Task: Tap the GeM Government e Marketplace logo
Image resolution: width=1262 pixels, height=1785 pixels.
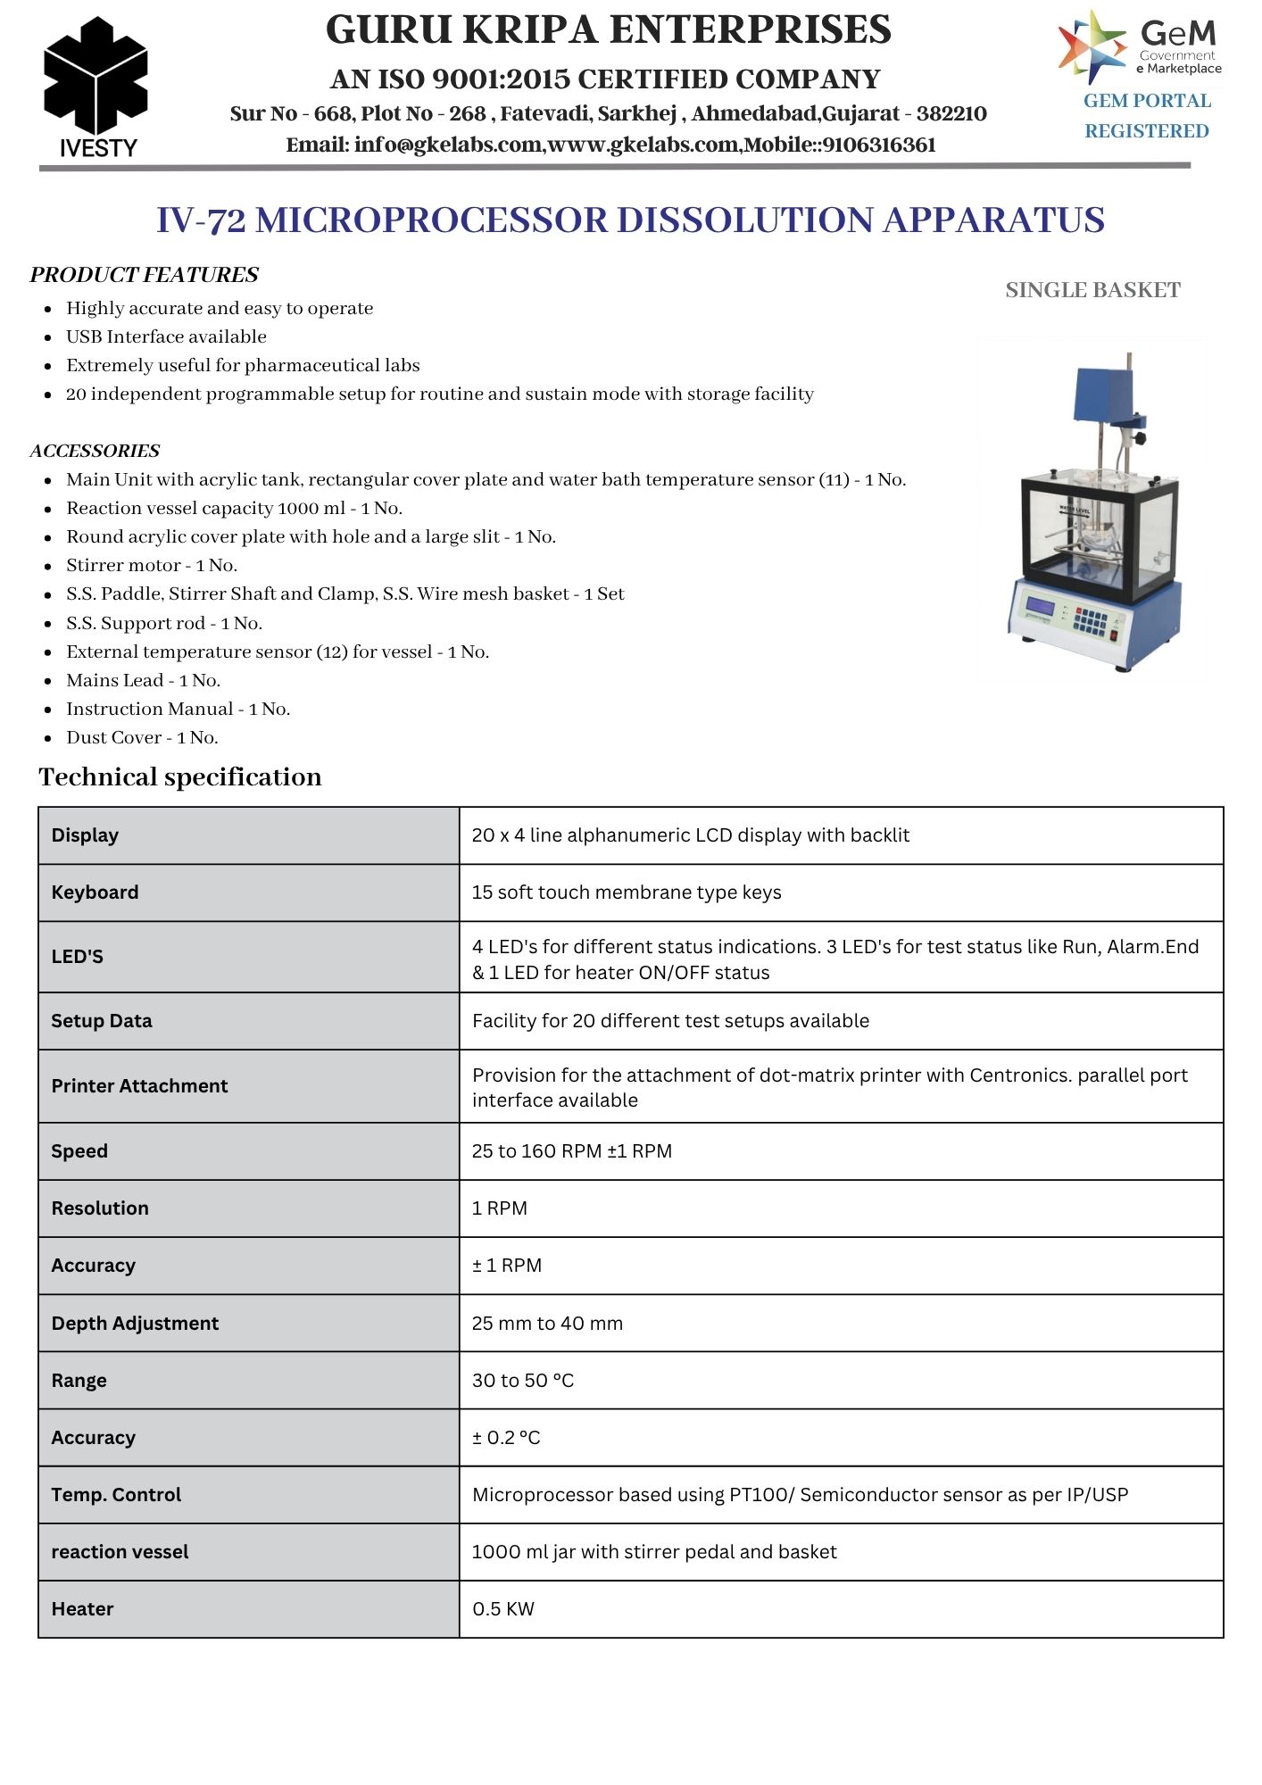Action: coord(1140,46)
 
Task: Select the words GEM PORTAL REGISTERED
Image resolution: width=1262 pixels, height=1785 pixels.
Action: coord(1147,116)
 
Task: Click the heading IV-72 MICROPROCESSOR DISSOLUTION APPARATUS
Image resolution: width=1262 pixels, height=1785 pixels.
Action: coord(630,220)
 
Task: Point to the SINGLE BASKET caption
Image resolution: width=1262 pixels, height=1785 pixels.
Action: coord(1092,290)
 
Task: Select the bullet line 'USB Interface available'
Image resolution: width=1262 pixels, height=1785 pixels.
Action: coord(166,336)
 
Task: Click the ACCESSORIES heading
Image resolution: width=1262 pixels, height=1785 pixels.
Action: coord(95,451)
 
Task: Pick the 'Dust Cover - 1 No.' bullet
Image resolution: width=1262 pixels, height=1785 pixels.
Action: coord(142,737)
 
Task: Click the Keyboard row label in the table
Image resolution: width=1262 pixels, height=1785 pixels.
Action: coord(95,892)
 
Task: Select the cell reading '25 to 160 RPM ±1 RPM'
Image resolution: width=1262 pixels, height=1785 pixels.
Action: coord(571,1151)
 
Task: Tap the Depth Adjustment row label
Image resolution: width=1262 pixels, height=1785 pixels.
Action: coord(135,1323)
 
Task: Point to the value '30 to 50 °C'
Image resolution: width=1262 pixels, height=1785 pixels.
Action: coord(523,1380)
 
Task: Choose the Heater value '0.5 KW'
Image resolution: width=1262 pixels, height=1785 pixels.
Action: coord(503,1608)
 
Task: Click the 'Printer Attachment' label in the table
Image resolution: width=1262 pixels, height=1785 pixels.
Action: coord(139,1086)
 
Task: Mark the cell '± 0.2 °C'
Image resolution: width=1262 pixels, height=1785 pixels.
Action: coord(506,1437)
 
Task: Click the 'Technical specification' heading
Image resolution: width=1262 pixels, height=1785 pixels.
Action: coord(180,776)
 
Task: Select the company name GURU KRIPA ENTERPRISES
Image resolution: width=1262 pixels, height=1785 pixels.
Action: coord(608,30)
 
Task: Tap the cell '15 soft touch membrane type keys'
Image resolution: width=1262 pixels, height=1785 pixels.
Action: coord(627,892)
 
